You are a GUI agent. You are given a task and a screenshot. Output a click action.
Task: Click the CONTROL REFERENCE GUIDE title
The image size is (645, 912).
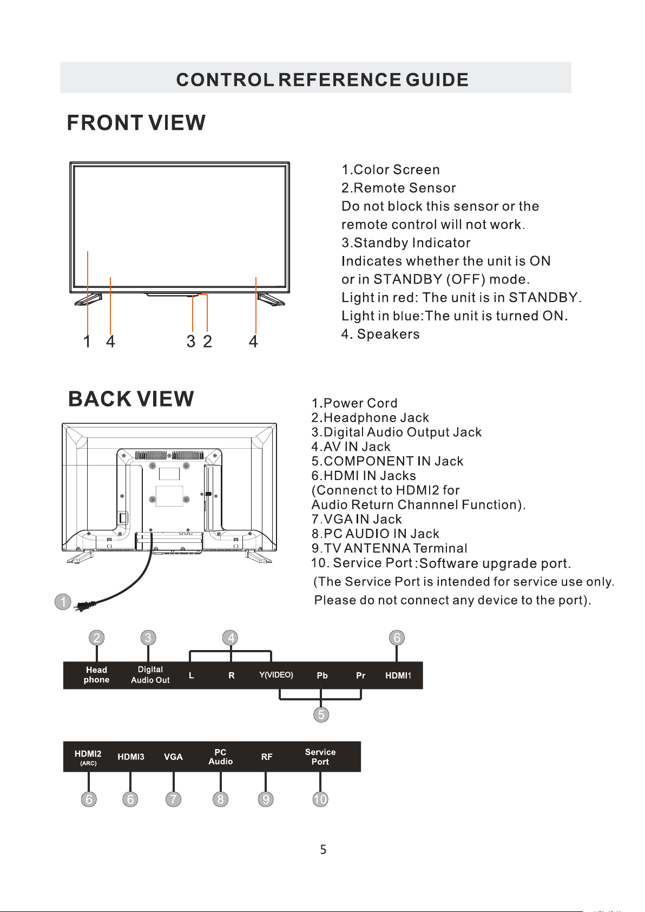tap(322, 80)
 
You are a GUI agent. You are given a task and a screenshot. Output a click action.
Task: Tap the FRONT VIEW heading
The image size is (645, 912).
tap(136, 123)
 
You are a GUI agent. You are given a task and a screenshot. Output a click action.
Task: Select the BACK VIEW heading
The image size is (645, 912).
tap(131, 399)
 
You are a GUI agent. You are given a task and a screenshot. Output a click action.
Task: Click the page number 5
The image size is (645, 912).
tap(323, 850)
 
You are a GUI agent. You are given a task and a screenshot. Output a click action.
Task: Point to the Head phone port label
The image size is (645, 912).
tap(96, 675)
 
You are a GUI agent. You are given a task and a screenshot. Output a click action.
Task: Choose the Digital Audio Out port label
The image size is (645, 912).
tap(150, 675)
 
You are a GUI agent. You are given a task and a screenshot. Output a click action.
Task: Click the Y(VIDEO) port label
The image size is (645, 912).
tap(276, 675)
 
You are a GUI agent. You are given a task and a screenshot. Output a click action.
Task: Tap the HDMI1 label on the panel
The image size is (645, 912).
tap(398, 675)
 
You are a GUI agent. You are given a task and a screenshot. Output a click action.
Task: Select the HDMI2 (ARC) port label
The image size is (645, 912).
tap(88, 757)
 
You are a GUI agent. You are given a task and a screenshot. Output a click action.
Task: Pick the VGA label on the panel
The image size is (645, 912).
tap(173, 757)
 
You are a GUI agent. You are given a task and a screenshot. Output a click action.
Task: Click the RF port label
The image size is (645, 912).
tap(267, 757)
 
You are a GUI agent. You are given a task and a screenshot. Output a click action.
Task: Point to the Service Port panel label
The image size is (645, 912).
tap(320, 757)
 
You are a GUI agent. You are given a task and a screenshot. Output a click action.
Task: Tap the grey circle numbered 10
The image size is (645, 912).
tap(320, 799)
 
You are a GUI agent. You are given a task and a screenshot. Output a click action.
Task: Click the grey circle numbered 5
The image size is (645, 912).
tap(321, 715)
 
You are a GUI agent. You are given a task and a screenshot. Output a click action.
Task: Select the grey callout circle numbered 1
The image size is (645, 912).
tap(63, 602)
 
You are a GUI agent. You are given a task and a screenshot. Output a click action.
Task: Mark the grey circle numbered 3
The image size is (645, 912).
tap(148, 638)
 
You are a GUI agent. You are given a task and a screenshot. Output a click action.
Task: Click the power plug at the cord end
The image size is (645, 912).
tap(85, 606)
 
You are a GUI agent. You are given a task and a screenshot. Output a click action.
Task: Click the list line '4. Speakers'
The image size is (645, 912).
tap(380, 334)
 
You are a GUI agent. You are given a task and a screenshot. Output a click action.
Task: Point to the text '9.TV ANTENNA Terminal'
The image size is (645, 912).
tap(389, 548)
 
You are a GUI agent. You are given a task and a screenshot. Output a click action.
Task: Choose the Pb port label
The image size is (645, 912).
tap(322, 675)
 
